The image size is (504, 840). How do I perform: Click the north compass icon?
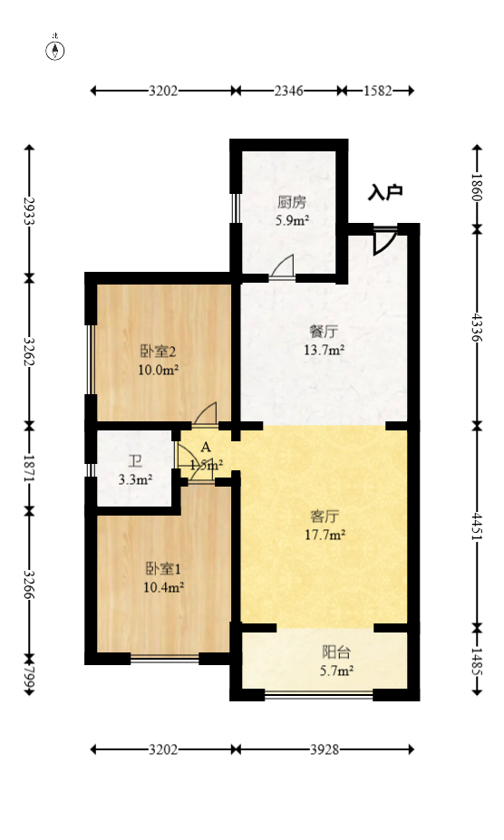[x=56, y=49]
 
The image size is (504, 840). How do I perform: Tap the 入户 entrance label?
[x=385, y=192]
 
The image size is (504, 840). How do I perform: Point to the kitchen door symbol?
[x=284, y=268]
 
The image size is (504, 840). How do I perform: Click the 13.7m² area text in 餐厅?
[x=324, y=350]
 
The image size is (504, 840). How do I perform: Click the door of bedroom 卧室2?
[x=205, y=414]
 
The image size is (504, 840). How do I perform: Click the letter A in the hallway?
[x=206, y=447]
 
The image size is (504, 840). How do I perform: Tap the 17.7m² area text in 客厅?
[x=325, y=535]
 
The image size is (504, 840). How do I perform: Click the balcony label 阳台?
[x=336, y=652]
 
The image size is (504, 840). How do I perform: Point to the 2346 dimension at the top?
[x=288, y=91]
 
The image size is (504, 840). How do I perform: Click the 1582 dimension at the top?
[x=378, y=91]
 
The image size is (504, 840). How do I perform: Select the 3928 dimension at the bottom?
[x=324, y=750]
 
